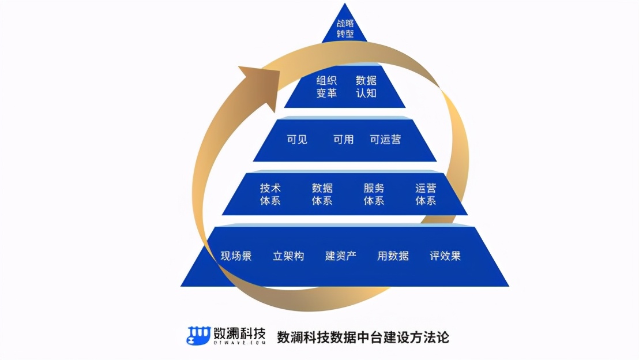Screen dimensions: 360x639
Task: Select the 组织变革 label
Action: [x=326, y=86]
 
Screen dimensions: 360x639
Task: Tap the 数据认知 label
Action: [x=366, y=86]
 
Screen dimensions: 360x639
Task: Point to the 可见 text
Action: [x=297, y=139]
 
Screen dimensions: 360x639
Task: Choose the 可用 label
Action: [x=343, y=139]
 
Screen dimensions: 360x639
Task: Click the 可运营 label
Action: [x=385, y=139]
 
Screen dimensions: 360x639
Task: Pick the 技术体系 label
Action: [x=270, y=194]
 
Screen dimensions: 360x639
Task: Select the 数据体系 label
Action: [x=322, y=194]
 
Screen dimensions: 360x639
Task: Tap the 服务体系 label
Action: [x=374, y=194]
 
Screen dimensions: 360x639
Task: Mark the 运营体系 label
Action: [x=426, y=194]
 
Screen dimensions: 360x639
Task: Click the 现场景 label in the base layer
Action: [x=236, y=256]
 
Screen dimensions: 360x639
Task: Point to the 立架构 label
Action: [x=288, y=256]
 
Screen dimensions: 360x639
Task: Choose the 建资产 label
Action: [x=340, y=256]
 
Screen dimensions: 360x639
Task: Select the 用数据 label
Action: [x=393, y=256]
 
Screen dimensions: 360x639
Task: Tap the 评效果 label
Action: [x=445, y=256]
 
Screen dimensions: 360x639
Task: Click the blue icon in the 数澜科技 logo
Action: [x=198, y=336]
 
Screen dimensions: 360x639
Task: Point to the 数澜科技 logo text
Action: [x=239, y=333]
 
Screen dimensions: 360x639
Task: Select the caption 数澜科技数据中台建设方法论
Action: [x=363, y=336]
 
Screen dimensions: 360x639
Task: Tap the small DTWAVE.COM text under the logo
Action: [x=239, y=343]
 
